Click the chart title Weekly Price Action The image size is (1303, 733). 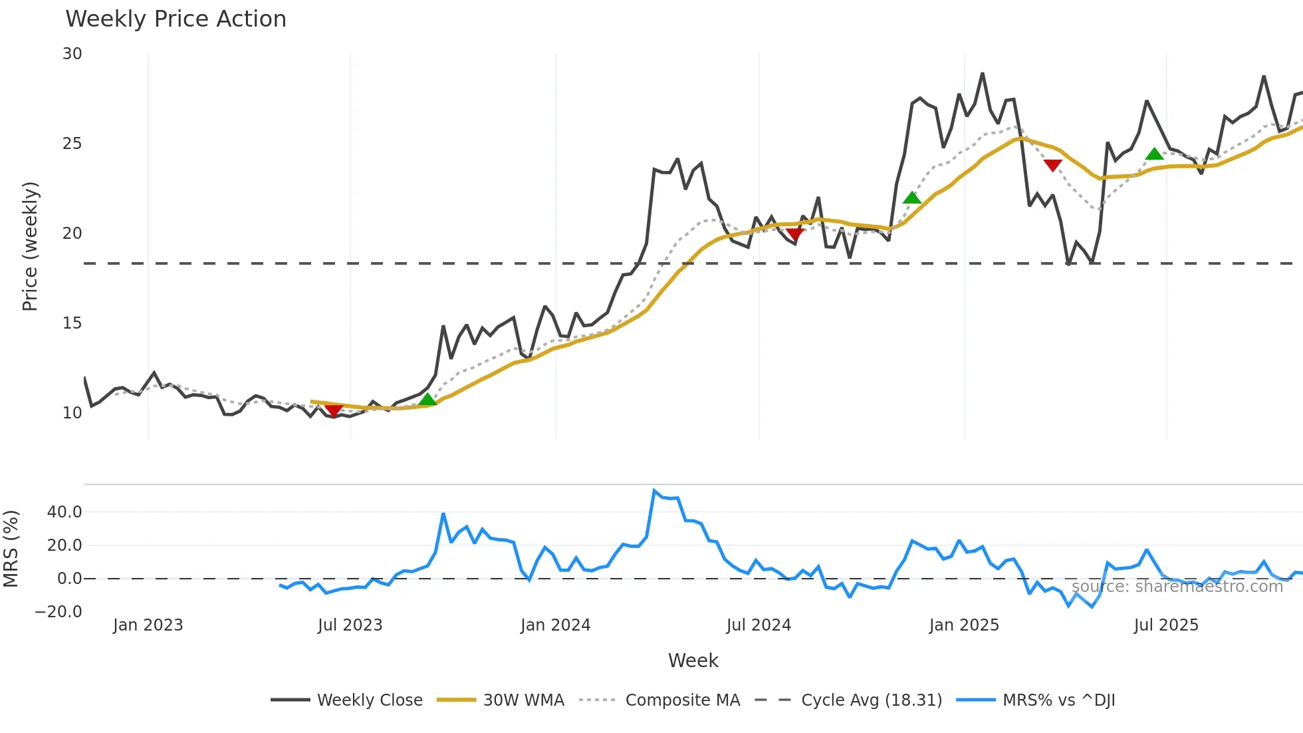pyautogui.click(x=176, y=19)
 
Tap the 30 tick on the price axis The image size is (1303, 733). pyautogui.click(x=72, y=54)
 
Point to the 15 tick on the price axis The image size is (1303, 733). pyautogui.click(x=72, y=323)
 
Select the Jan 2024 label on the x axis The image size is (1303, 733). pyautogui.click(x=555, y=625)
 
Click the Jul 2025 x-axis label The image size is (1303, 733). pyautogui.click(x=1166, y=625)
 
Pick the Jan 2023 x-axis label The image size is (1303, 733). pyautogui.click(x=148, y=625)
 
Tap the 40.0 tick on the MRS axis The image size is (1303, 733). pyautogui.click(x=64, y=512)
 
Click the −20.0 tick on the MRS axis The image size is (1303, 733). pyautogui.click(x=59, y=612)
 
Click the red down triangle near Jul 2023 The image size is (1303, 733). pyautogui.click(x=334, y=410)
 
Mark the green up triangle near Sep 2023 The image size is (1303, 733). pyautogui.click(x=427, y=399)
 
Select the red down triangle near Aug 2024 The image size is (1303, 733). pyautogui.click(x=795, y=233)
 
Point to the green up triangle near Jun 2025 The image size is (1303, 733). pyautogui.click(x=1155, y=154)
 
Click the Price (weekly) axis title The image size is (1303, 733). pyautogui.click(x=30, y=246)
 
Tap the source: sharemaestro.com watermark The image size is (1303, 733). pyautogui.click(x=1177, y=587)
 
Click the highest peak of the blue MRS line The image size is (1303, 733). pyautogui.click(x=654, y=491)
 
